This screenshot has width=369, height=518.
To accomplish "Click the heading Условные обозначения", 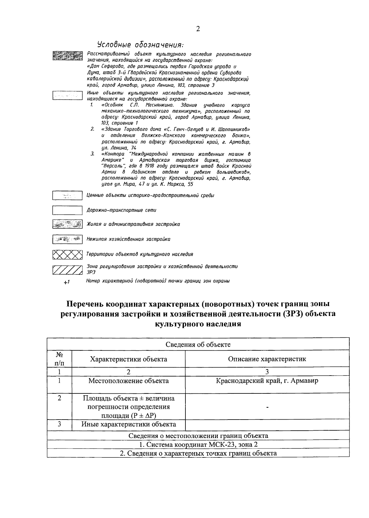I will coord(140,45).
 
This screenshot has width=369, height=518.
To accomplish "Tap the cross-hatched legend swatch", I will coord(67,254).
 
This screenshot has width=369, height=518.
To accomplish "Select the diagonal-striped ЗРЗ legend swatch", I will coord(67,269).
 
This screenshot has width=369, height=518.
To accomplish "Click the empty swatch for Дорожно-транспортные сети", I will coord(67,210).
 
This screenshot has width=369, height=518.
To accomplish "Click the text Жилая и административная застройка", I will coord(133,224).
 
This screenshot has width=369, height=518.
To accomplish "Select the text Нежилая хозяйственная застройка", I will coord(128,239).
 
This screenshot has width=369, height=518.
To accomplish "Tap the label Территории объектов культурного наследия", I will coord(140,254).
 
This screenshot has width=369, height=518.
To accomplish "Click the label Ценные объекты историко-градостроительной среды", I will coord(150,195).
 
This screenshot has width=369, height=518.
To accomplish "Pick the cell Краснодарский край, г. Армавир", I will coord(267,381).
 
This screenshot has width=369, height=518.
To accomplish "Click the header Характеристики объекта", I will coord(129,359).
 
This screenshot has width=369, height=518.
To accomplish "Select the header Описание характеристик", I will coord(267,359).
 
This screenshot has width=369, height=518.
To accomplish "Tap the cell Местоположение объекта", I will coord(129,381).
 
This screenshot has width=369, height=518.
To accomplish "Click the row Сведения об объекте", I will coord(198,345).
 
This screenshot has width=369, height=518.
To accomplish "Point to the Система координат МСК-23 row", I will coord(198,444).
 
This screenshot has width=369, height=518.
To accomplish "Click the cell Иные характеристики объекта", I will coord(129,424).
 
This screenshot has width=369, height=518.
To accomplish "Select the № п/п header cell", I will coord(59,359).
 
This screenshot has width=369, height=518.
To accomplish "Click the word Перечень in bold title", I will coord(85,304).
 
